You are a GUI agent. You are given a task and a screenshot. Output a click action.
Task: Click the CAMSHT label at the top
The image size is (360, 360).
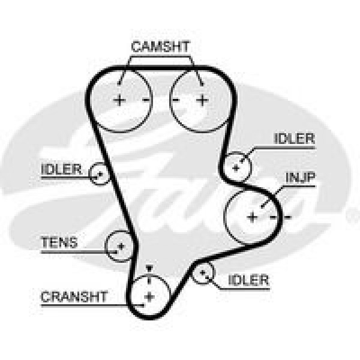point(160,47)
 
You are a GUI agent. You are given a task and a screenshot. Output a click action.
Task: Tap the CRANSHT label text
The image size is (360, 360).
point(74,296)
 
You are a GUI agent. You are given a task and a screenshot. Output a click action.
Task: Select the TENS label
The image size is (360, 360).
point(59,242)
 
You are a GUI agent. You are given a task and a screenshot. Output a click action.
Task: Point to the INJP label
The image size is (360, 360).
point(301,178)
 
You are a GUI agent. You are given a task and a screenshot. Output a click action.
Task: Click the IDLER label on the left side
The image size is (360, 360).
point(61,169)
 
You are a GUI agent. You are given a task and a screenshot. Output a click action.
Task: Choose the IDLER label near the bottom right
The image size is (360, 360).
point(248,280)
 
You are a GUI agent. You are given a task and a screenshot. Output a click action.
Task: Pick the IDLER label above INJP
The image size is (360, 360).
point(294,139)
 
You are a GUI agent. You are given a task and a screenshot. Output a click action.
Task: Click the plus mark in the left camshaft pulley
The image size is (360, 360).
point(119,100)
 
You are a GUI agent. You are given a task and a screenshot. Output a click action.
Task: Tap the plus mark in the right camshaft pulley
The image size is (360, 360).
point(203,100)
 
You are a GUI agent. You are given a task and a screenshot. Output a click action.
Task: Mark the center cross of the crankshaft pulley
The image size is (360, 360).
point(149,297)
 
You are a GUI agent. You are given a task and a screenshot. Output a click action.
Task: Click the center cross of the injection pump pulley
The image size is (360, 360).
point(253,217)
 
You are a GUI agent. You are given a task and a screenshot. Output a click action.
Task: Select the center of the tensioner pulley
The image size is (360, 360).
point(121,247)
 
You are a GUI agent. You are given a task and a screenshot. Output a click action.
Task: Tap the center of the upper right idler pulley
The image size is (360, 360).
point(236,168)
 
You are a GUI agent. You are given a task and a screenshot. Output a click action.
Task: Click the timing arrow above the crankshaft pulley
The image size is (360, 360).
point(149,268)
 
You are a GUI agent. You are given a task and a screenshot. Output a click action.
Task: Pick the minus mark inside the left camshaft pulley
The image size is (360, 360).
point(146,100)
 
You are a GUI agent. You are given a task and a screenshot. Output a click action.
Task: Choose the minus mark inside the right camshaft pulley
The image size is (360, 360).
point(176,100)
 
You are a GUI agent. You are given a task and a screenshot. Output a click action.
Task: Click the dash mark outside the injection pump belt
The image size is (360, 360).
point(287,217)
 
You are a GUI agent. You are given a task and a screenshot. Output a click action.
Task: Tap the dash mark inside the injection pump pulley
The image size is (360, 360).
point(273,217)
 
